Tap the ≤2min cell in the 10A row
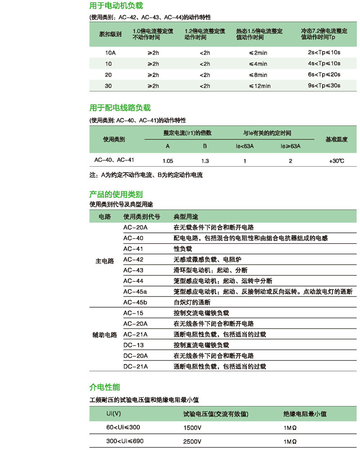[258, 53]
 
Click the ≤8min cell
[258, 75]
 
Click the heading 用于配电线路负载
[120, 108]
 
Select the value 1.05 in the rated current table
[167, 161]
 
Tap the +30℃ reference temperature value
[336, 161]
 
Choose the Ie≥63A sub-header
[290, 146]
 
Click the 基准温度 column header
[336, 140]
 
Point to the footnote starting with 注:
[146, 175]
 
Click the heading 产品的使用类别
[116, 195]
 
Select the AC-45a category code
[135, 292]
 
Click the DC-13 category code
[133, 345]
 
